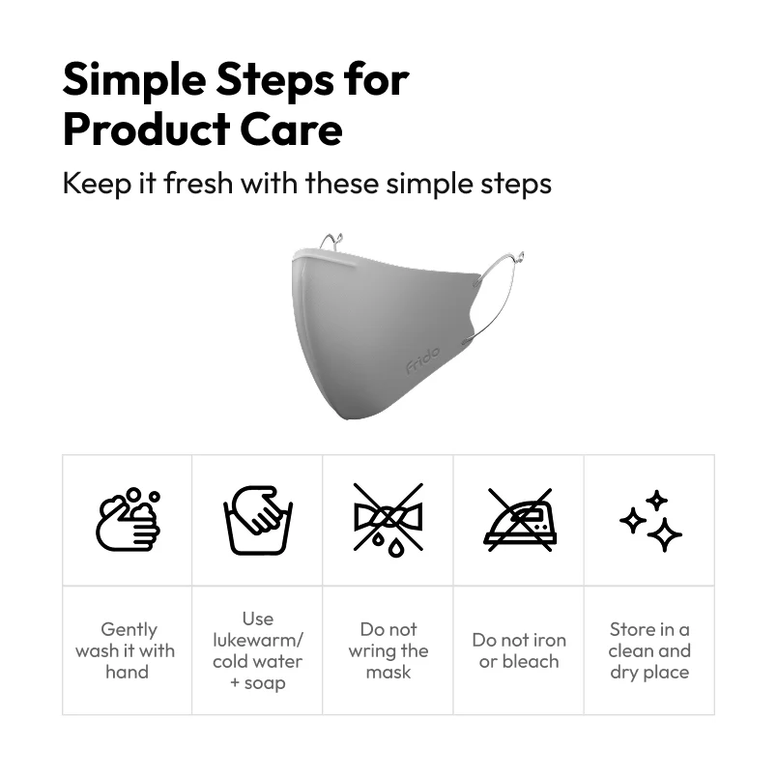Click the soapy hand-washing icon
tap(128, 519)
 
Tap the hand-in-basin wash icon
tap(258, 520)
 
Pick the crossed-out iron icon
tap(519, 519)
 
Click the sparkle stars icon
tap(650, 520)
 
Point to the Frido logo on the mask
tap(422, 360)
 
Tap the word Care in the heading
tap(292, 129)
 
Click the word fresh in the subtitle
tap(198, 183)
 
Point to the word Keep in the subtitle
tap(97, 184)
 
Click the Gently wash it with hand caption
tap(127, 650)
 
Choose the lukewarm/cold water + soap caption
tap(258, 650)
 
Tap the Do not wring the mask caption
tap(388, 650)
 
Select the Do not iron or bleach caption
tap(519, 650)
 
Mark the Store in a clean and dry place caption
tap(649, 650)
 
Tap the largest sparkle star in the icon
tap(665, 534)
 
